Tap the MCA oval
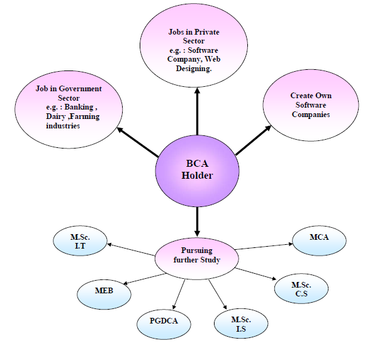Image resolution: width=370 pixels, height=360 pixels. pyautogui.click(x=319, y=238)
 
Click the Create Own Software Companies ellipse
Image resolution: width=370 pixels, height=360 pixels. pyautogui.click(x=310, y=105)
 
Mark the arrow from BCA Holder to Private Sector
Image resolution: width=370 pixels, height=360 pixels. pyautogui.click(x=197, y=110)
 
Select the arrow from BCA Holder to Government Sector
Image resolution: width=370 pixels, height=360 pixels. pyautogui.click(x=138, y=142)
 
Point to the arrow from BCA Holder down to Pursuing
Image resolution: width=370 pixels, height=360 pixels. pyautogui.click(x=197, y=220)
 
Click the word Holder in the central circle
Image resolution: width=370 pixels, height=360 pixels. pyautogui.click(x=197, y=176)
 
